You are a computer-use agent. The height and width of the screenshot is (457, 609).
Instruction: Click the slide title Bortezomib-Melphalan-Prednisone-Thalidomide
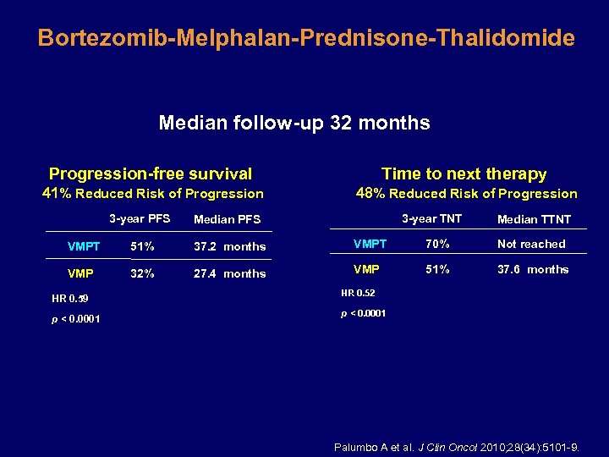305,38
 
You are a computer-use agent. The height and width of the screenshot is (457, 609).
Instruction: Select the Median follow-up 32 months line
294,123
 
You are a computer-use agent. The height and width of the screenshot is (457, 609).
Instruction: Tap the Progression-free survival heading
151,173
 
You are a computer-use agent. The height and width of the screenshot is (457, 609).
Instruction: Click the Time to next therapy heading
464,173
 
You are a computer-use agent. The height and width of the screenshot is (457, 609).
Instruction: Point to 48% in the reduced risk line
370,193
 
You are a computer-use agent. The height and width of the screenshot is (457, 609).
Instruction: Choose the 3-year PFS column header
140,219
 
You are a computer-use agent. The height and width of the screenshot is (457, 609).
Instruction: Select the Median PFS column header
227,220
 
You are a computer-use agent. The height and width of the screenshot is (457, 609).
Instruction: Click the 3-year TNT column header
431,219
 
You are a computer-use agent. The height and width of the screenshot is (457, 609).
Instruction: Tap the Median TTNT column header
534,220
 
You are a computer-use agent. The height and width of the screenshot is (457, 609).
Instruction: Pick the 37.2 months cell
229,247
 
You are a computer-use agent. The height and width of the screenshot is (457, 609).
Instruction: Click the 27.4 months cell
229,274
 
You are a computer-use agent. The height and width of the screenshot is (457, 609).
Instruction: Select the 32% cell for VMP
142,273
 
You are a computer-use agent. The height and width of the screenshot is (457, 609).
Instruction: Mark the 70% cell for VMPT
436,244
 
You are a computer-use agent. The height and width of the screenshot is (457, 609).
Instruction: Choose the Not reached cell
531,244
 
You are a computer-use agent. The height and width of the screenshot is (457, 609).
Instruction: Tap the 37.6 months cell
533,270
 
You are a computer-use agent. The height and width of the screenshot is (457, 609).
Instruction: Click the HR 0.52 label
359,293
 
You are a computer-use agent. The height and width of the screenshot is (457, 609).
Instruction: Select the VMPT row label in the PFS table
84,247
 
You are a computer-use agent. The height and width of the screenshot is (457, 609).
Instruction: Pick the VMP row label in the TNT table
365,270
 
